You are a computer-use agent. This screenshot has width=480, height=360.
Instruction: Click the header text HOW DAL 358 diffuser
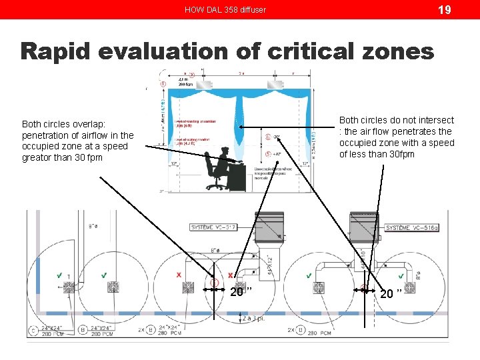[225, 10]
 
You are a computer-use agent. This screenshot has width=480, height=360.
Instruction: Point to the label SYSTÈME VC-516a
[412, 228]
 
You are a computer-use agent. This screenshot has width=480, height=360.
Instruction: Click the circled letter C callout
[33, 330]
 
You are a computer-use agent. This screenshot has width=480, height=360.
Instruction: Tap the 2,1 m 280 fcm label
[185, 82]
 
